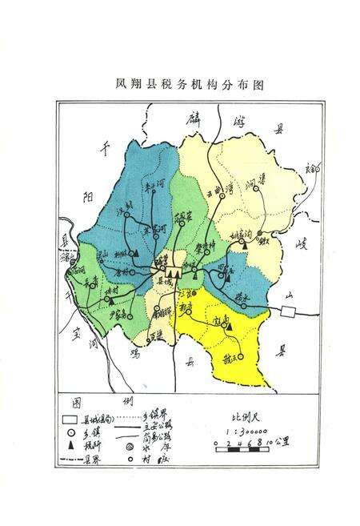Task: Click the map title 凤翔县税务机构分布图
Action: point(180,82)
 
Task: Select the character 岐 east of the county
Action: point(301,244)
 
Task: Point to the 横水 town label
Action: point(245,295)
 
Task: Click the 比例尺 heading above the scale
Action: point(241,417)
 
